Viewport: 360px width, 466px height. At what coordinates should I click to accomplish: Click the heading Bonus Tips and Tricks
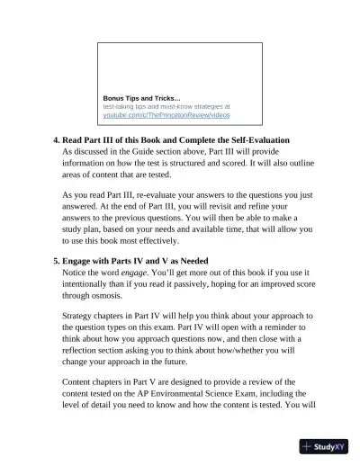[141, 97]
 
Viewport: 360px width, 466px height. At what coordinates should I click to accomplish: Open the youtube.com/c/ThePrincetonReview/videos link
[166, 116]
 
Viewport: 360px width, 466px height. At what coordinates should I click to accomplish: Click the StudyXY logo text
[334, 445]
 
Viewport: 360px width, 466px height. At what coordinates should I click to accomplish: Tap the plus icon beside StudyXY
[308, 445]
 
